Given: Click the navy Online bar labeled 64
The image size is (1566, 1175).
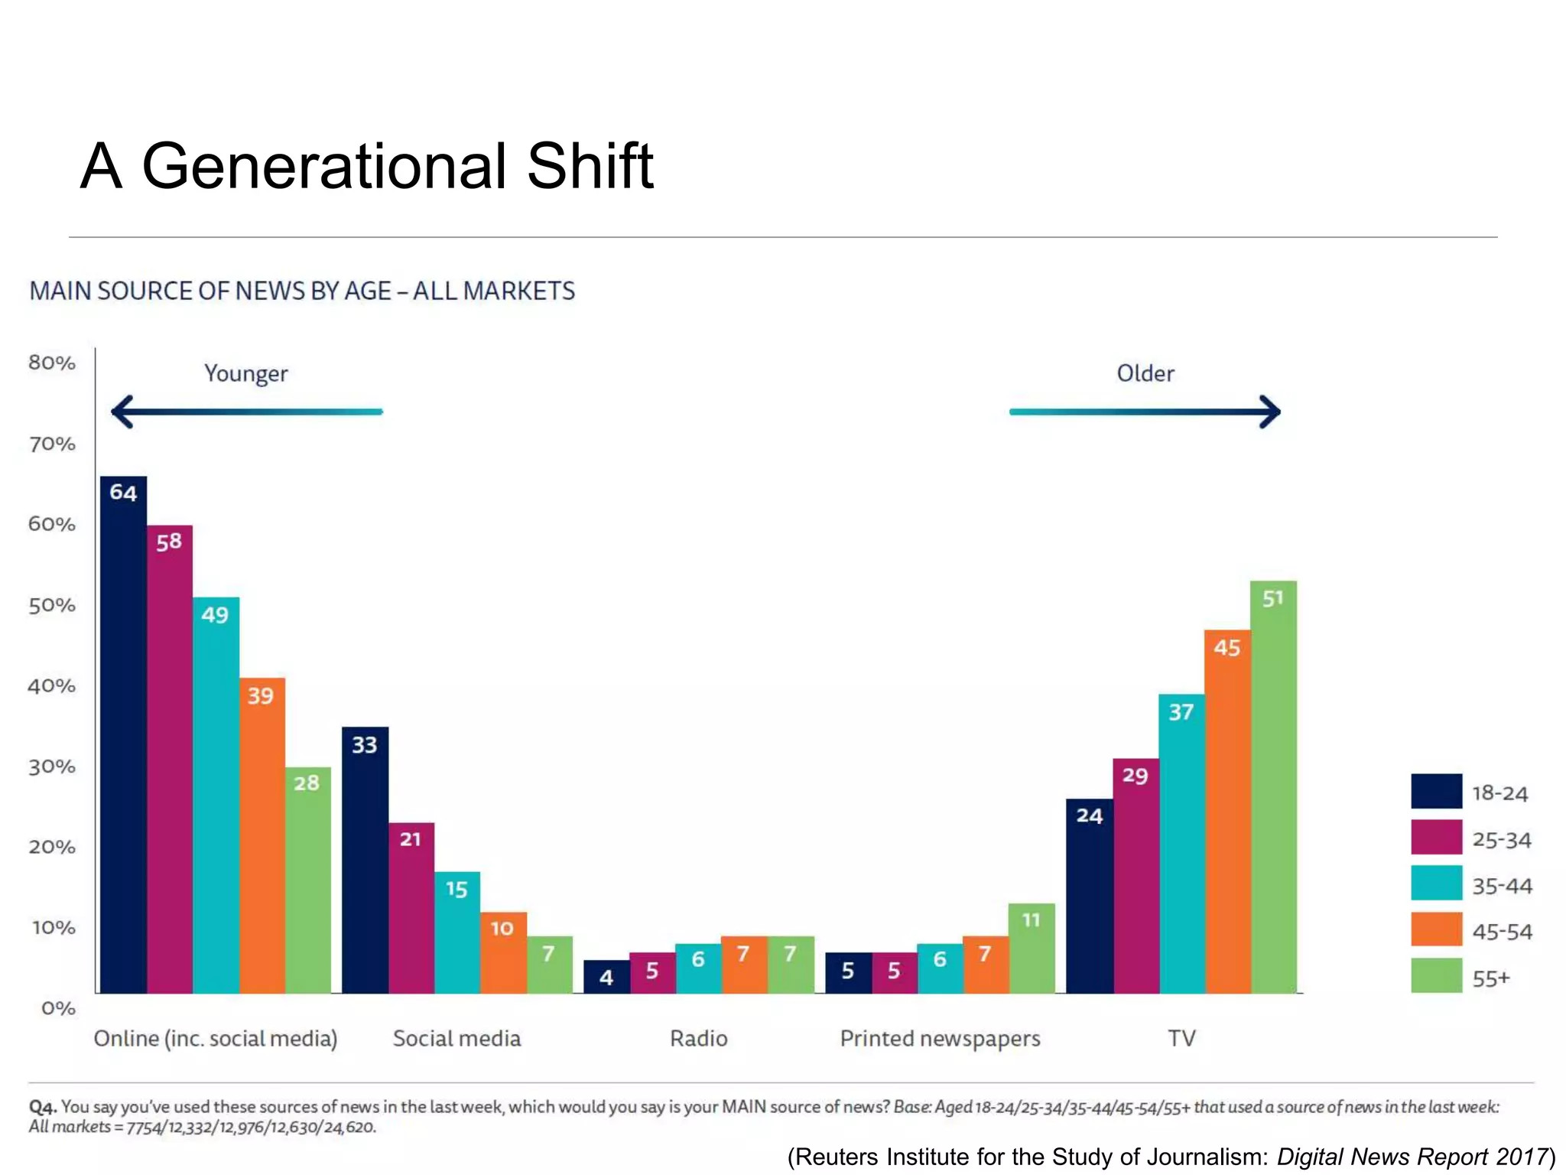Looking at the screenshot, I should pos(123,734).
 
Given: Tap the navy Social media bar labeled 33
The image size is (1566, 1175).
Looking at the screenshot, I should pos(365,860).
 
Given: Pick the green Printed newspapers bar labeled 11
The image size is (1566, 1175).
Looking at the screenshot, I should pos(1032,949).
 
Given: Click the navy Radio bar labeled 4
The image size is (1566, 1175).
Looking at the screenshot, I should pos(606,977).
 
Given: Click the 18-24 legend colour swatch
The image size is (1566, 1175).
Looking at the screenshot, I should pos(1436,792).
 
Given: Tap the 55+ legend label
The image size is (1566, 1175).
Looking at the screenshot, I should pos(1491,978).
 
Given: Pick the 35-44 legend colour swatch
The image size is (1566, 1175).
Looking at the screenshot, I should pos(1436,884).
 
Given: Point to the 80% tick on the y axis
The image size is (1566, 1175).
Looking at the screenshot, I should pos(52,363).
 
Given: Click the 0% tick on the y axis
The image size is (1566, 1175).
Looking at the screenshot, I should pos(58,1008).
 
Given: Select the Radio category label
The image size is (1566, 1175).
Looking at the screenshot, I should pos(698,1038).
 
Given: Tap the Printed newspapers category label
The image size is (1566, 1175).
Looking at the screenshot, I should pos(940,1038).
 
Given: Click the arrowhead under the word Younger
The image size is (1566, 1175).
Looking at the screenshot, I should pos(122,412).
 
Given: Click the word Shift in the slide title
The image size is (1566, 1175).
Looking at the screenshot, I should pos(590,166).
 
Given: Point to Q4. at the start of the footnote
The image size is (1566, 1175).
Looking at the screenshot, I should pos(43,1107).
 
